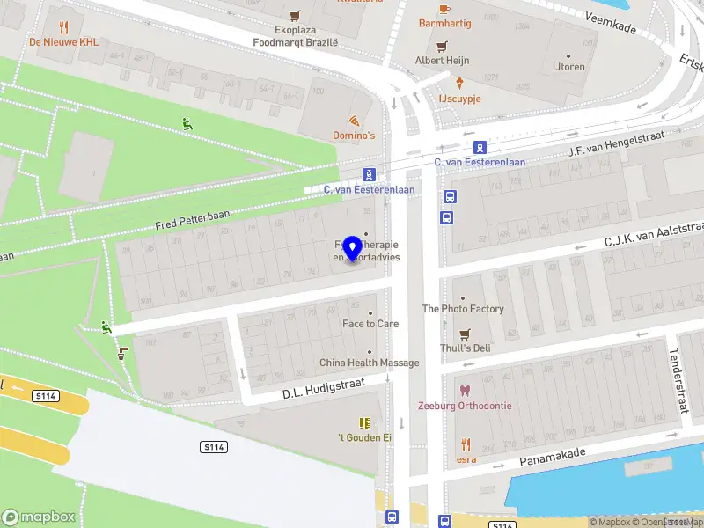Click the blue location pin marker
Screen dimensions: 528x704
[x=353, y=249]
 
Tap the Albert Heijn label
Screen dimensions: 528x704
[x=442, y=61]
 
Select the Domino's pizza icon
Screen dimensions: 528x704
[x=354, y=121]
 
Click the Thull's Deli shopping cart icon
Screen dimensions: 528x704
[x=466, y=334]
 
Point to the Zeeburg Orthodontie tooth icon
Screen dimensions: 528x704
[x=466, y=390]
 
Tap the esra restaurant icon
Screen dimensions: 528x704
[x=466, y=445]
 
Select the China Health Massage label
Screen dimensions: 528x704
[x=369, y=363]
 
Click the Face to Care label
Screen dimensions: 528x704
[x=370, y=324]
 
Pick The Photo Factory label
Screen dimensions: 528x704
[x=463, y=309]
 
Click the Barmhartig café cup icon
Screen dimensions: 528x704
[x=444, y=9]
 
